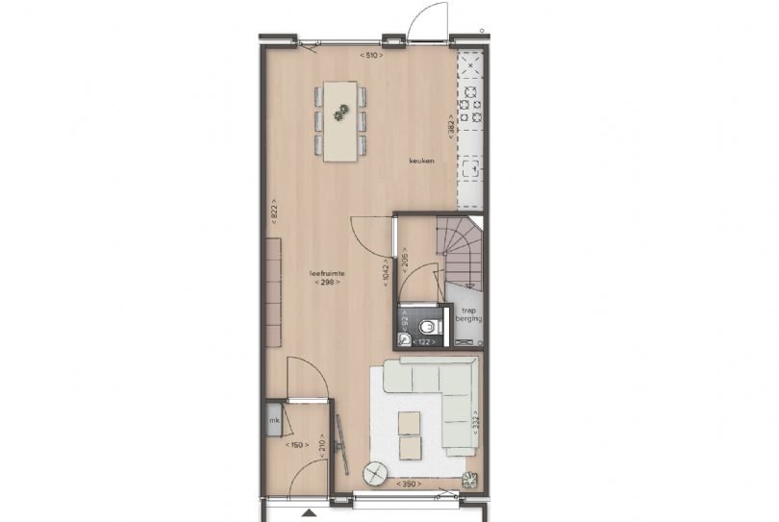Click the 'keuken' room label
tap(421, 161)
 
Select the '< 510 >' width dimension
tap(371, 56)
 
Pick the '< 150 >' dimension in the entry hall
tap(296, 444)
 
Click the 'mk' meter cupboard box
tap(274, 420)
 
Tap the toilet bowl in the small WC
tap(428, 328)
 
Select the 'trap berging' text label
tap(469, 314)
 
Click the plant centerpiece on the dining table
tap(340, 114)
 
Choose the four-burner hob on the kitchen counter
tap(470, 106)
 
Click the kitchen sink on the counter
tap(470, 169)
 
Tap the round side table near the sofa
tap(375, 473)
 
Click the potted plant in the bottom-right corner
tap(469, 480)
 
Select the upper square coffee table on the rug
tap(410, 422)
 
